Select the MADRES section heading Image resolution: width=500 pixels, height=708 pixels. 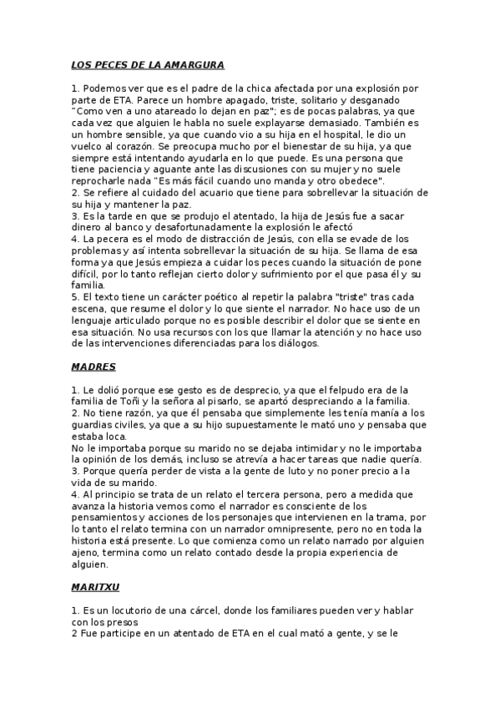tap(93, 367)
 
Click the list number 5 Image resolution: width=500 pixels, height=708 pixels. tap(74, 296)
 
